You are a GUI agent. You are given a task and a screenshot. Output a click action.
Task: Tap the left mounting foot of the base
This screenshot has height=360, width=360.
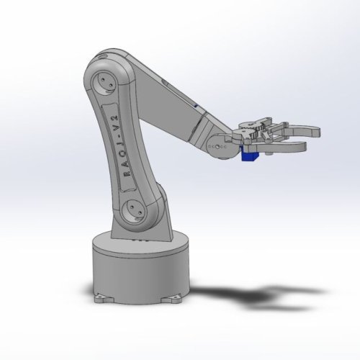coord(100,296)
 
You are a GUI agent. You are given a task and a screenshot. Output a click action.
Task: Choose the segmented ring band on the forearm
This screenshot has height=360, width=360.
coord(198,130)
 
